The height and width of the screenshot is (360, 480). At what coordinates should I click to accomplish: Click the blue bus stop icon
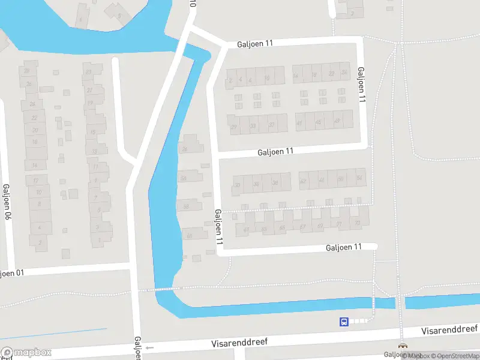coord(344,322)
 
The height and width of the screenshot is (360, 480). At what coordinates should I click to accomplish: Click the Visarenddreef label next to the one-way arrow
coord(239,343)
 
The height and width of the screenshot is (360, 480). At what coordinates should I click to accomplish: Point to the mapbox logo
coord(26,353)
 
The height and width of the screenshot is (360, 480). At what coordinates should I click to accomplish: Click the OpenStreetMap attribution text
coord(454,356)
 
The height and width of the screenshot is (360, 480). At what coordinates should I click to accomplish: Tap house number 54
coord(359,179)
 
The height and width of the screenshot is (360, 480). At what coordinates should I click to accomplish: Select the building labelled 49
coord(336,121)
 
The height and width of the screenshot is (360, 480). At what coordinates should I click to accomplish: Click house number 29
coord(234,126)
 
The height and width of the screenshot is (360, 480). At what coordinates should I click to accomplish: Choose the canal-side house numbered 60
coord(189,235)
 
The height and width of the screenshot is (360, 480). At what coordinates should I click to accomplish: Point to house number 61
coord(246,229)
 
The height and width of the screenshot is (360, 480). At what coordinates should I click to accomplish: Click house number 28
coord(26,71)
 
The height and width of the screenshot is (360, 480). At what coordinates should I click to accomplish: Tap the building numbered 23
coord(89,73)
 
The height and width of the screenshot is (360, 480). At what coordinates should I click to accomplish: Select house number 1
coord(100,240)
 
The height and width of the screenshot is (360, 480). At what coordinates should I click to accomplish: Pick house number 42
coord(303,181)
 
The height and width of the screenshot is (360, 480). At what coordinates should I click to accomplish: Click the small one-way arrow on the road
coord(149,348)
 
